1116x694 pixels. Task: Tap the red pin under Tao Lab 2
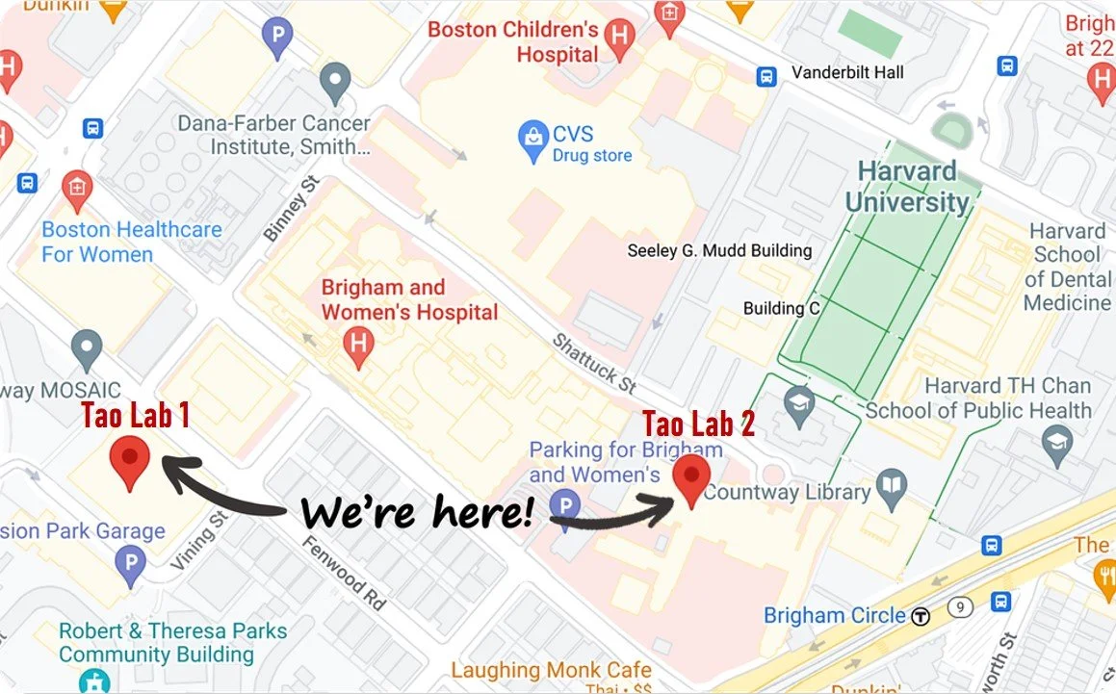pos(690,478)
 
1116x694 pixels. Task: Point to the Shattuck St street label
pos(594,362)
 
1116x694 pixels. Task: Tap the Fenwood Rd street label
pos(342,572)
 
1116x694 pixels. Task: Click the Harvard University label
pos(907,187)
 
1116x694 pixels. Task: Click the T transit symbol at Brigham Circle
pos(921,616)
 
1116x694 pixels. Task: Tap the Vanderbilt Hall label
pos(847,72)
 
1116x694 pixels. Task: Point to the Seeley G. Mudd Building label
pos(719,250)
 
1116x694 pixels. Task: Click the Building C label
pos(781,308)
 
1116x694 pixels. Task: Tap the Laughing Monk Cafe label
pos(551,670)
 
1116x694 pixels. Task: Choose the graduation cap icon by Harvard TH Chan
pos(1057,444)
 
